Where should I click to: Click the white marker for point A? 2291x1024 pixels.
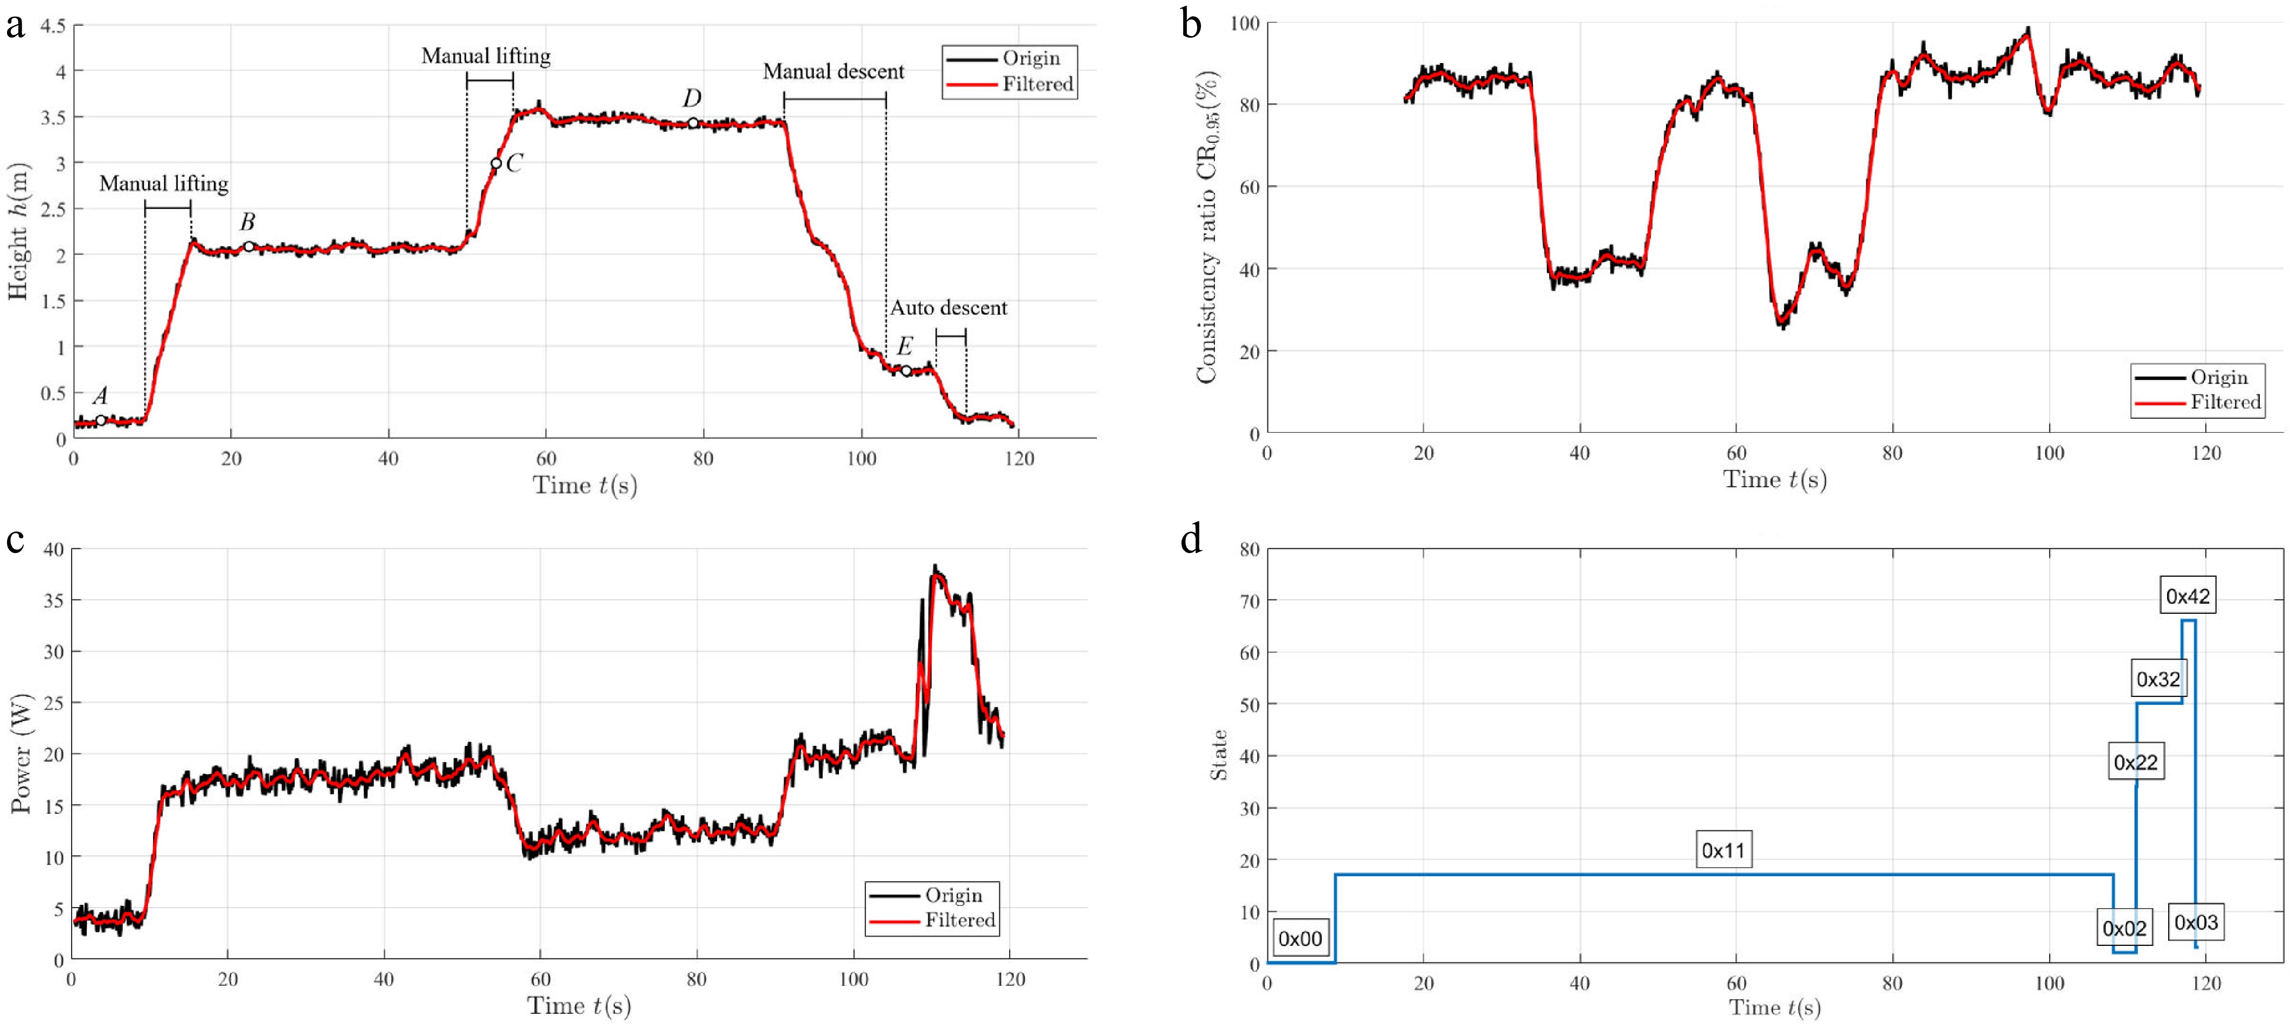pos(101,420)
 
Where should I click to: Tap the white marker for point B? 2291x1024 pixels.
pos(249,246)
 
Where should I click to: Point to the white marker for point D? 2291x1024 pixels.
pos(693,123)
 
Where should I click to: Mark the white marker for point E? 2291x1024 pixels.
pos(906,371)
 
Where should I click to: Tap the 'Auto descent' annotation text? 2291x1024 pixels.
pos(949,308)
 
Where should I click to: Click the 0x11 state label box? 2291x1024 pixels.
pos(1724,850)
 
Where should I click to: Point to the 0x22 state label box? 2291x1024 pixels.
pos(2135,763)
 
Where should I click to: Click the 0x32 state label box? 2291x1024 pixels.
pos(2158,680)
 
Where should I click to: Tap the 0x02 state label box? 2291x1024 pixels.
pos(2125,929)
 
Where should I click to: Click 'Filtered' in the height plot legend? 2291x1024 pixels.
pos(1038,85)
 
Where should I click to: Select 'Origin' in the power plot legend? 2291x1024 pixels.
pos(953,895)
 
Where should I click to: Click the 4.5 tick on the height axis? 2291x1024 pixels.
pos(52,26)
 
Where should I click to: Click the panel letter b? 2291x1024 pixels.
pos(1191,24)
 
